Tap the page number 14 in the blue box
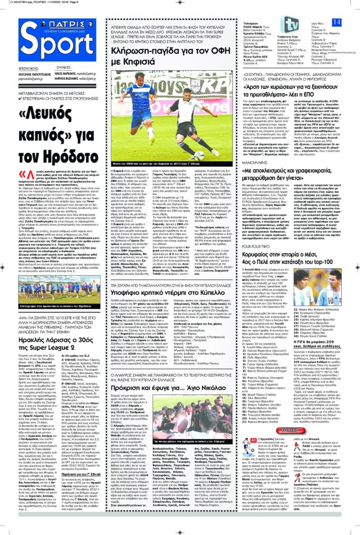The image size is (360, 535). coord(337,22)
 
